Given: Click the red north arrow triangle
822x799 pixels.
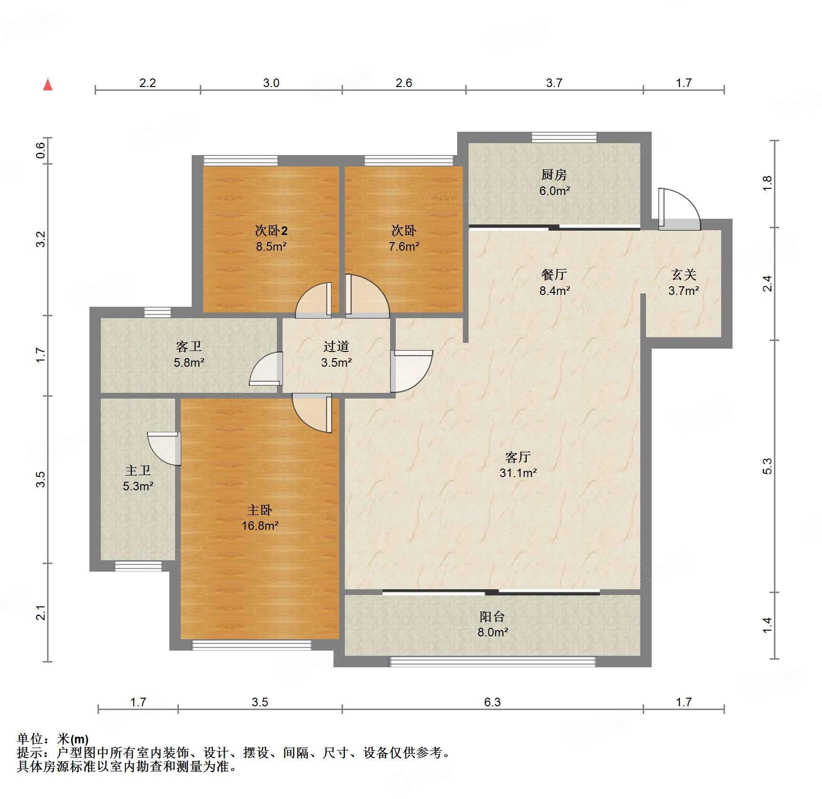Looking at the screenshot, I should click(x=48, y=85).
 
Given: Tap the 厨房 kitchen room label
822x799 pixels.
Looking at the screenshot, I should click(x=554, y=175).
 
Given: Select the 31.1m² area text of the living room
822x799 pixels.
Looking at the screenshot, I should click(x=518, y=473).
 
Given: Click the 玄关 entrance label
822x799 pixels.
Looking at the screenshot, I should click(x=684, y=274).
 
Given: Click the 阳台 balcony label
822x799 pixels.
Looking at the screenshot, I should click(x=492, y=617).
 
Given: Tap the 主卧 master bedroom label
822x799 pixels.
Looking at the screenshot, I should click(x=260, y=510).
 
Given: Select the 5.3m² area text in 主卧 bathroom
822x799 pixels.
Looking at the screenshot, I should click(x=138, y=486).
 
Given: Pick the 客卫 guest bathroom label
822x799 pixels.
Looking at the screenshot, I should click(x=189, y=346).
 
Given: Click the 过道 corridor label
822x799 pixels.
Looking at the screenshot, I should click(x=336, y=346).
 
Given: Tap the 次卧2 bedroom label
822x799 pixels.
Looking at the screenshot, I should click(x=271, y=231).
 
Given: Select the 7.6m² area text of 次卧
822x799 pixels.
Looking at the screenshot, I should click(x=404, y=246).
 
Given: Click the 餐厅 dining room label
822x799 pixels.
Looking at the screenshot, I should click(x=554, y=274).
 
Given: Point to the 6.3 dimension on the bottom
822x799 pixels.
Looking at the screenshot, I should click(x=492, y=702).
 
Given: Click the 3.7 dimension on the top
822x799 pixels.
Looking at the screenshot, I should click(x=554, y=83).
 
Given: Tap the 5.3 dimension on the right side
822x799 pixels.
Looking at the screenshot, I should click(x=767, y=466).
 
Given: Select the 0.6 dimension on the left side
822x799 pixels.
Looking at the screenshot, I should click(x=41, y=150).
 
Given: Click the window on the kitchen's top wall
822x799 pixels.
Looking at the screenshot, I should click(x=564, y=137).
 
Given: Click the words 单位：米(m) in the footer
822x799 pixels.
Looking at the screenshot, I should click(x=53, y=739).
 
